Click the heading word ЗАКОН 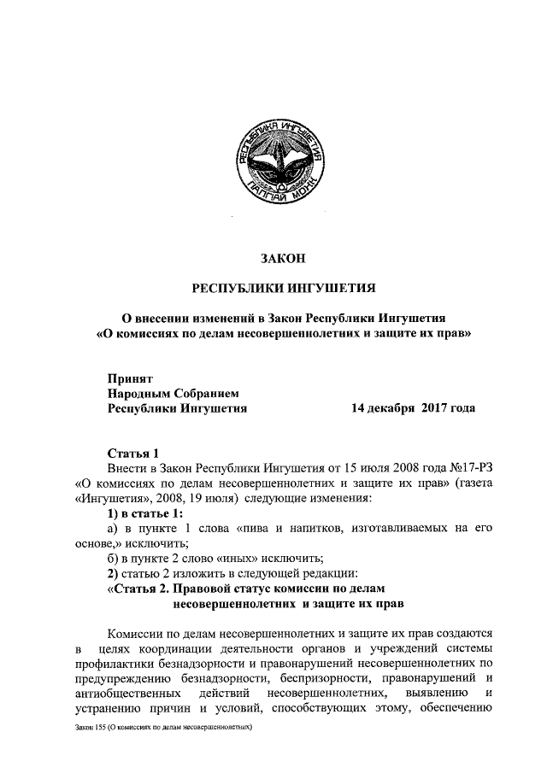(281, 257)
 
